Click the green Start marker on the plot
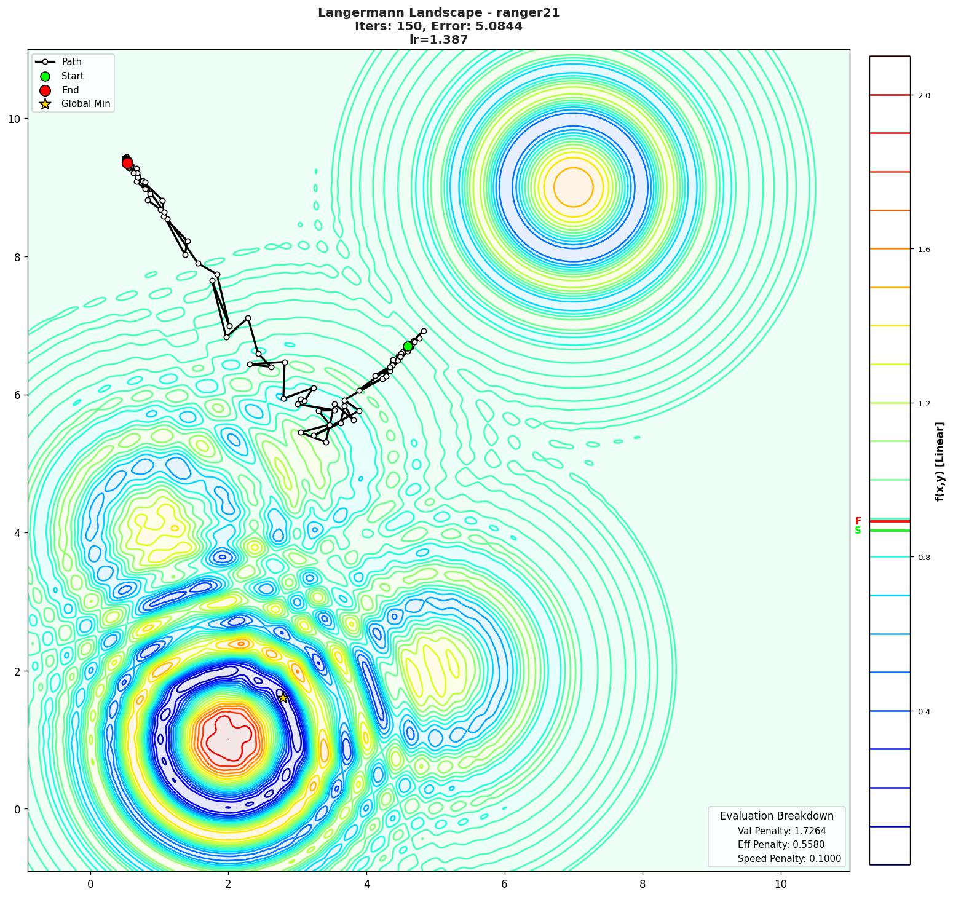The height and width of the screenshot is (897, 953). point(408,346)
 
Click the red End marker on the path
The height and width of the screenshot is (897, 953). point(127,163)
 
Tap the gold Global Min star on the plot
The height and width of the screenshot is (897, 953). point(283,697)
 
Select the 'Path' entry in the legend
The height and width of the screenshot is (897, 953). point(71,62)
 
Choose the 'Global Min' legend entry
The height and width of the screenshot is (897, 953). point(85,104)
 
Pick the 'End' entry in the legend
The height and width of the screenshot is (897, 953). point(70,90)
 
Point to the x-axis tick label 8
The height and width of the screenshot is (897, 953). point(643,884)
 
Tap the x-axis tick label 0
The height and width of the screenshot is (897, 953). point(90,884)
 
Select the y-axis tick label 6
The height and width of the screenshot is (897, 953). point(17,395)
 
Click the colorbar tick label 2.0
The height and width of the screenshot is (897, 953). point(924,95)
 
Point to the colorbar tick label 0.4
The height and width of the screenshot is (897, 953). point(924,712)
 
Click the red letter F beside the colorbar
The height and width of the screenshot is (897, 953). point(858,521)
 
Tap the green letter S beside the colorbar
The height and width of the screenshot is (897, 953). point(858,531)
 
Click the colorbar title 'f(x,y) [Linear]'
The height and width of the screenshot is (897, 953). point(939,461)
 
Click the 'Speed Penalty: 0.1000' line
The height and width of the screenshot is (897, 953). point(789,859)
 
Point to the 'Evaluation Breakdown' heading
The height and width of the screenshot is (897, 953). point(777,816)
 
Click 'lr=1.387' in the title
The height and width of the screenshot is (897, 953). point(438,40)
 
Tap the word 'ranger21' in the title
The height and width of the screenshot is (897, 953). point(529,13)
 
